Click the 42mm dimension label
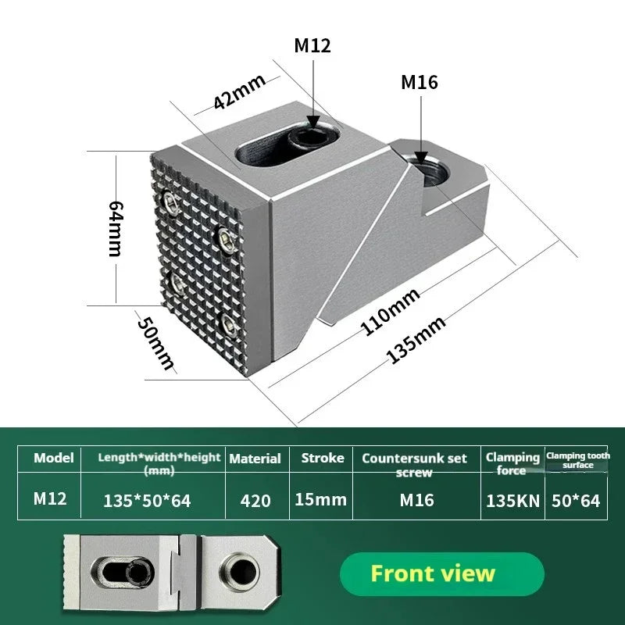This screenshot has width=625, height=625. coord(240,91)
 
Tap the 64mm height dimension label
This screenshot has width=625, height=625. coord(116,229)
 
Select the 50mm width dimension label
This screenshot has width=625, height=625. coord(155,343)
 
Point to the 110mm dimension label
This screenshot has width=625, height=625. coord(390,312)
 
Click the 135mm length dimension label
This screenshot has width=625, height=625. coord(416,340)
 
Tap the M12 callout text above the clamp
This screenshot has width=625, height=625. coord(312,45)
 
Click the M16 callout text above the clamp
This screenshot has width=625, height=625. coord(420,82)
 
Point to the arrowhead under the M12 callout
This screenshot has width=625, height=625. coord(313,122)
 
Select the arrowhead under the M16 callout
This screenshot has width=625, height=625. coord(421,157)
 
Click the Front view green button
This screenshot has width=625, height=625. coord(442,574)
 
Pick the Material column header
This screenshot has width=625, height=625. coord(255,459)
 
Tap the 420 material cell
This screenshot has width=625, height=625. coord(255,501)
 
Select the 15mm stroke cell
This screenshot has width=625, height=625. coord(320,499)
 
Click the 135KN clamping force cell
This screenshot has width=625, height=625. coord(513,501)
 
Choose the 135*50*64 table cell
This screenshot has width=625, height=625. coord(147,501)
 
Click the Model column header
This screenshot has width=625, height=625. coord(54,458)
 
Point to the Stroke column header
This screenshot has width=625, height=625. coord(323,458)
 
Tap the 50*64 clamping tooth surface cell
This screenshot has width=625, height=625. coord(576,501)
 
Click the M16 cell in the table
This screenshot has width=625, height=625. coord(416,500)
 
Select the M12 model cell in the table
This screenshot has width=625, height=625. coord(50,498)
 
